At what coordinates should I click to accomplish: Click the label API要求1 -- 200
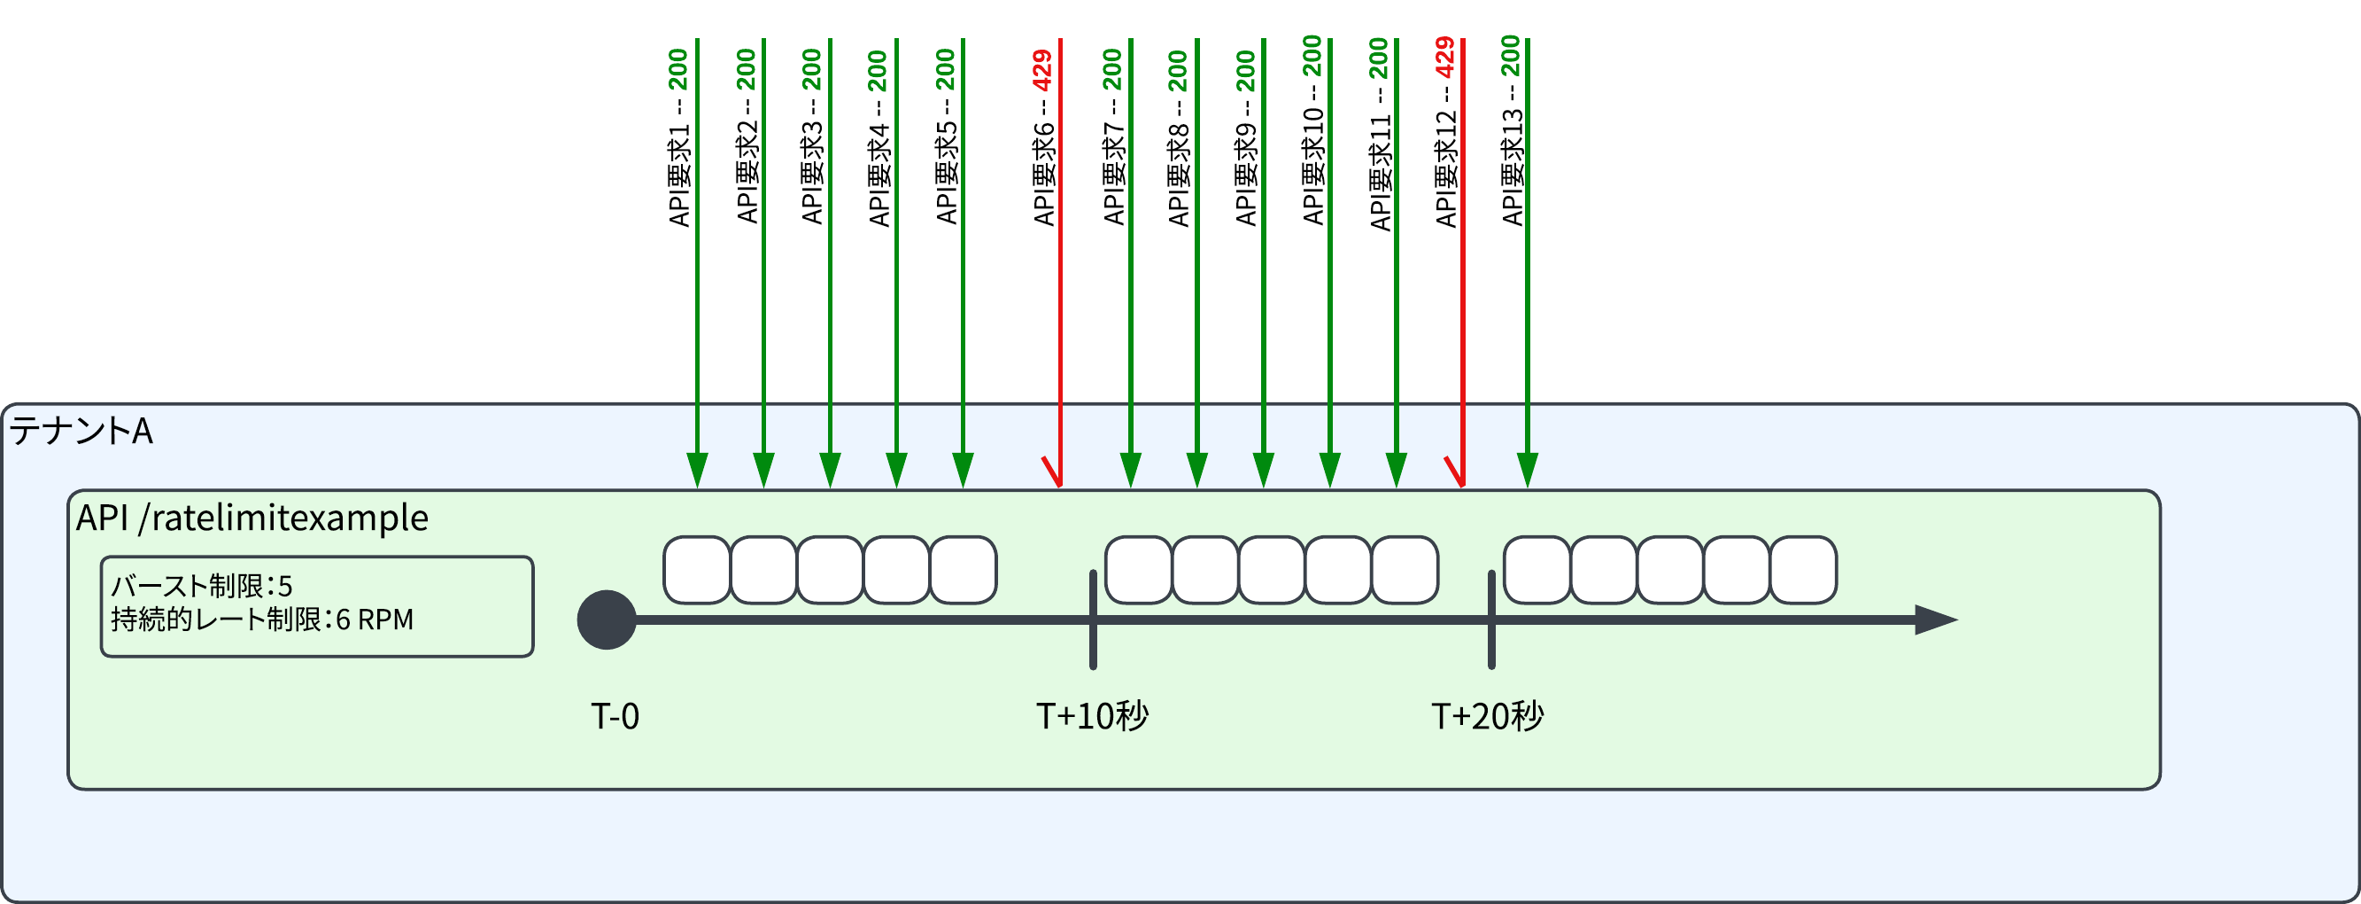678,137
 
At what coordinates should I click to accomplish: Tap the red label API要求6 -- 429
1043,137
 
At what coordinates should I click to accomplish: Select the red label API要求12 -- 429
1445,133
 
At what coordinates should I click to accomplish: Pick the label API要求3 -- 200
812,137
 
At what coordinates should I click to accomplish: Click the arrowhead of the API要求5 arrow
963,470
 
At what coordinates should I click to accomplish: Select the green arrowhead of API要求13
1527,470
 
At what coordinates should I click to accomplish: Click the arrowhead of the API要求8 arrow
1197,470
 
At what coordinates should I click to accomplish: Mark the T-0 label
615,717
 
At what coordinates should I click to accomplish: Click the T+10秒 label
1092,717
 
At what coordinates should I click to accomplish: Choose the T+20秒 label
1488,717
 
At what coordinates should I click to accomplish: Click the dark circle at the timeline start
607,620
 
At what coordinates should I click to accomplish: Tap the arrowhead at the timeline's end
1936,620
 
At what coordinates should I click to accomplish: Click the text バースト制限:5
202,587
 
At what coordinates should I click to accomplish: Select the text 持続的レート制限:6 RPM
262,620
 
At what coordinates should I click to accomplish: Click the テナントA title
81,431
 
